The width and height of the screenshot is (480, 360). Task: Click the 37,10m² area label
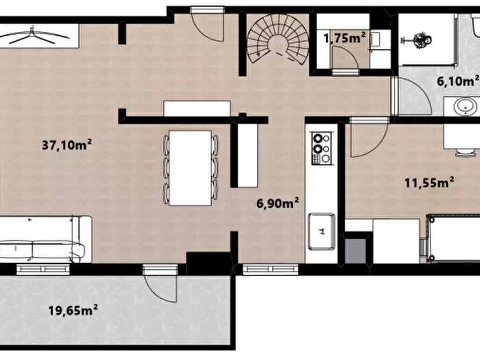pos(67,145)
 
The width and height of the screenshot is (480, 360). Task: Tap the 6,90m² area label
pos(278,203)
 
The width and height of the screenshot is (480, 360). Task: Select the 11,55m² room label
pos(429,183)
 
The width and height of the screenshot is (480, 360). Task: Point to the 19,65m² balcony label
pos(73,310)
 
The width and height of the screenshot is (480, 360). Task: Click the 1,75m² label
pos(345,38)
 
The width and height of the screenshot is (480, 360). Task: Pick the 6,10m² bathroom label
pos(458,81)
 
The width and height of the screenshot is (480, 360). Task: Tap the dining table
pos(190,168)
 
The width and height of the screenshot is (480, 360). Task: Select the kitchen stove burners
pos(321,148)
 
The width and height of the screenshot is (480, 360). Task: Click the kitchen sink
pos(322,231)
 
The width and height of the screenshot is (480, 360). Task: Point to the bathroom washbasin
pos(465,107)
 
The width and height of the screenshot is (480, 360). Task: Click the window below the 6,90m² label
pos(270,270)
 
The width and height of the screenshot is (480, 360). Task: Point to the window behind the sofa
pos(43,269)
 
